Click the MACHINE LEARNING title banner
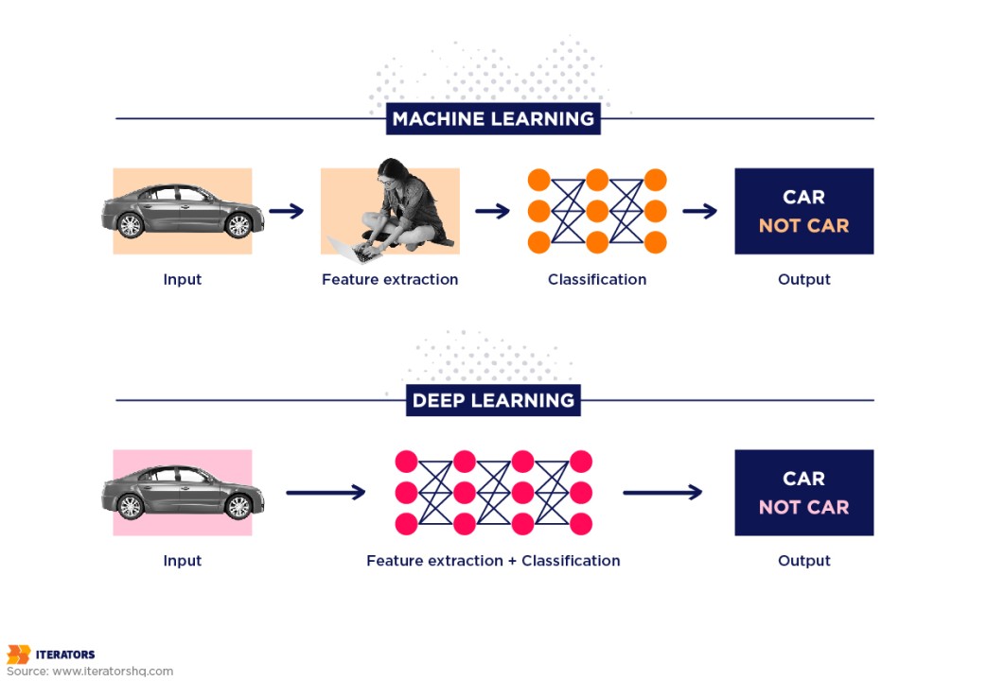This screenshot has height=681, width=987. [493, 119]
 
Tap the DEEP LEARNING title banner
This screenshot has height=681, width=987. [493, 400]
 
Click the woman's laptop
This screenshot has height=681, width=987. [348, 246]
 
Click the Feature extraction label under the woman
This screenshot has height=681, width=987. [390, 280]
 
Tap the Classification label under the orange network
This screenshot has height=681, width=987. [597, 280]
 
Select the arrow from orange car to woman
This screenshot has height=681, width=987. [286, 211]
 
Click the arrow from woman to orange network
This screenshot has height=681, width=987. [492, 211]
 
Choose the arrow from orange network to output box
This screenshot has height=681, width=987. [699, 211]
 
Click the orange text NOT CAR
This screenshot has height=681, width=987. [803, 226]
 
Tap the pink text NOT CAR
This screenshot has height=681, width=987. [803, 507]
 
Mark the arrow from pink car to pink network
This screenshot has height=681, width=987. [326, 492]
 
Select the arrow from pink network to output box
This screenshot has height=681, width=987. [662, 492]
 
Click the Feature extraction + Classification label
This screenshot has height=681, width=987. [493, 561]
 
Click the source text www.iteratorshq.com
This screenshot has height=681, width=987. [113, 672]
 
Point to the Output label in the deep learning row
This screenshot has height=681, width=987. [803, 561]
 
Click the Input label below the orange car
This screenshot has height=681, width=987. [182, 280]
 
